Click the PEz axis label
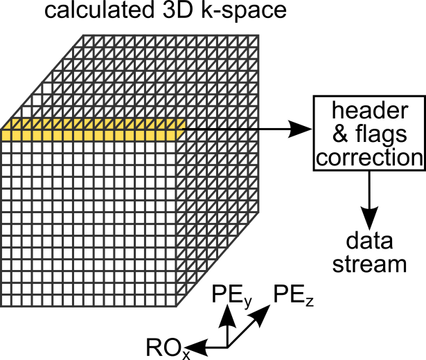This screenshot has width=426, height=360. point(294,294)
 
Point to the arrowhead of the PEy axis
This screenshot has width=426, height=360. point(225,311)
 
